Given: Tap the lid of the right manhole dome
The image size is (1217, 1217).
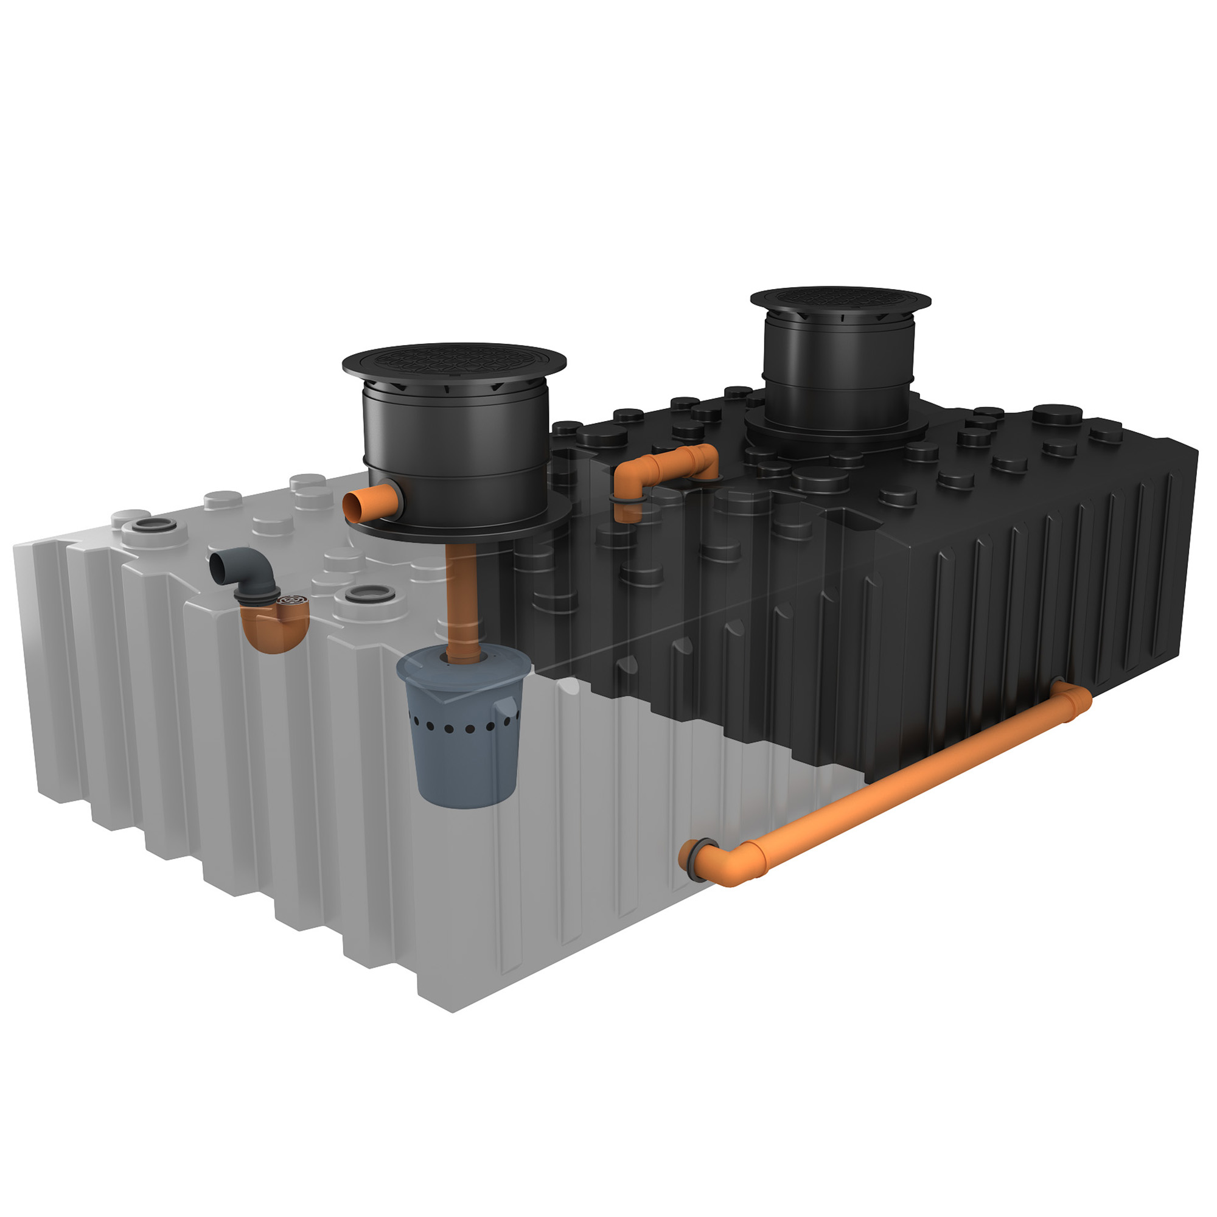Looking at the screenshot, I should (x=840, y=298).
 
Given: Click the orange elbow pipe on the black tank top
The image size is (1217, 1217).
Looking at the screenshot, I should (x=668, y=466).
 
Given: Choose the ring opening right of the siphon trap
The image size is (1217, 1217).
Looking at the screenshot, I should (x=371, y=593).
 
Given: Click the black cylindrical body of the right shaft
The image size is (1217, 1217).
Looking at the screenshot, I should (x=838, y=365).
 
